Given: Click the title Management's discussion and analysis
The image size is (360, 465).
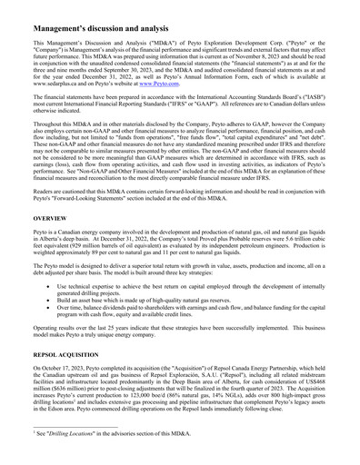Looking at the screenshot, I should click(122, 18).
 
